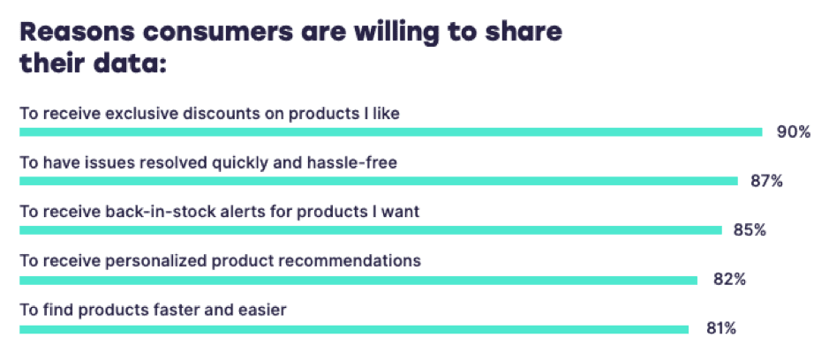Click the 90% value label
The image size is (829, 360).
click(793, 132)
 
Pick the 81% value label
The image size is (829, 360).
click(720, 328)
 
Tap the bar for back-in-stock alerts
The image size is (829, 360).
click(370, 230)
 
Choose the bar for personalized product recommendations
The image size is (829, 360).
click(358, 280)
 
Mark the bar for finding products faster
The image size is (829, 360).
click(353, 329)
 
